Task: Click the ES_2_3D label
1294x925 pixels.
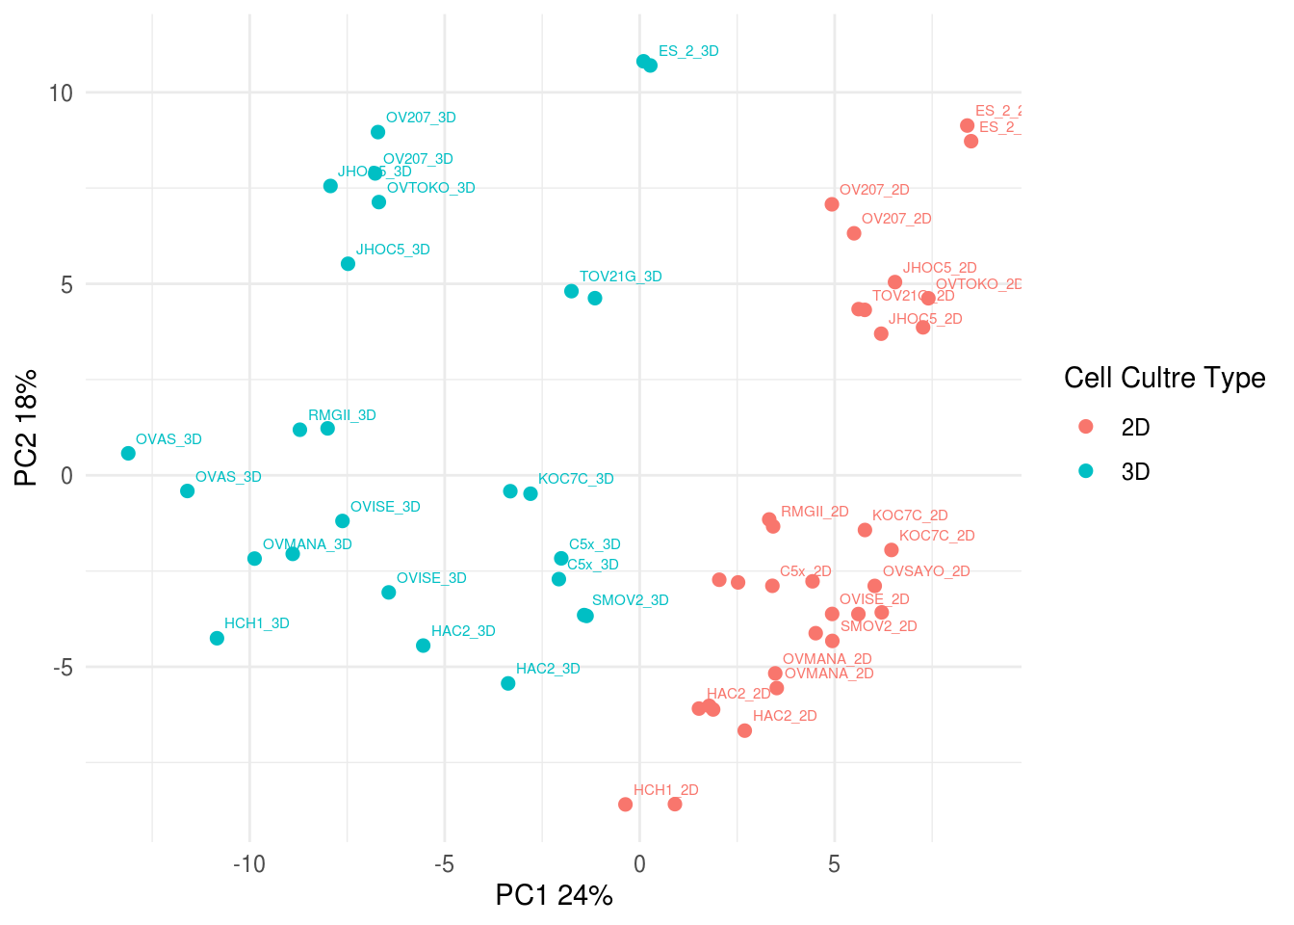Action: click(688, 51)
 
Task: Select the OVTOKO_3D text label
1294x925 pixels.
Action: click(430, 188)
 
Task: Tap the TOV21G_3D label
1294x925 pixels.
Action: click(620, 277)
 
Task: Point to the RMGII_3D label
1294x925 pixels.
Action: click(342, 415)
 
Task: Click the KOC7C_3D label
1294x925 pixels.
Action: click(576, 479)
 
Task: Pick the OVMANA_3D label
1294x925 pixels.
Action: click(307, 544)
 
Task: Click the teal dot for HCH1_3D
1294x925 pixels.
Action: click(217, 638)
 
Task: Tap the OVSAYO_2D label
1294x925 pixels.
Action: click(926, 571)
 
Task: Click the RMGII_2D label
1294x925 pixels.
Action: click(815, 512)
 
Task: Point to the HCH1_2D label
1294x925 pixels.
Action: click(665, 790)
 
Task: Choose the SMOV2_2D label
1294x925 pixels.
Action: click(878, 626)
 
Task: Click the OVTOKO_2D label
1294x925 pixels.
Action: click(978, 284)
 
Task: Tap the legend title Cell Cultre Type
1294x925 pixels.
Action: click(1164, 378)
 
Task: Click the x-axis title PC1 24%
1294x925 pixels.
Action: click(554, 895)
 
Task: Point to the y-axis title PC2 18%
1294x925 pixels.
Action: click(26, 428)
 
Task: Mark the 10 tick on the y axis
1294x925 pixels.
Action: click(61, 92)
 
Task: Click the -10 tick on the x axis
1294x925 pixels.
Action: click(248, 864)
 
